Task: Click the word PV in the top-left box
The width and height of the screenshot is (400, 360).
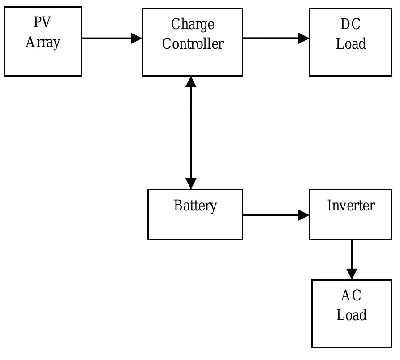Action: click(43, 22)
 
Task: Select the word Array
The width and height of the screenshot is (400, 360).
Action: click(43, 43)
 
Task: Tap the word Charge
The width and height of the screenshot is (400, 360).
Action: click(192, 25)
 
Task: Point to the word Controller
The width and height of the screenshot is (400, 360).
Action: click(192, 44)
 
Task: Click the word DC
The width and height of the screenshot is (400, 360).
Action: click(350, 24)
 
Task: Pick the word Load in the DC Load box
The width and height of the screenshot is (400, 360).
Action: click(351, 44)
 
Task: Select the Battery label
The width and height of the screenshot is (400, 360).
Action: click(195, 206)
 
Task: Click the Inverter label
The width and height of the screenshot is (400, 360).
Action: click(351, 206)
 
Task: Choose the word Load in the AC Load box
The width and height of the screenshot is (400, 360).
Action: click(351, 315)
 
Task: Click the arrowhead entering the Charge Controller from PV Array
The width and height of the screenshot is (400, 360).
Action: click(136, 38)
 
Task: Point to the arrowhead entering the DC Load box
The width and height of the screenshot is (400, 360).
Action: click(304, 38)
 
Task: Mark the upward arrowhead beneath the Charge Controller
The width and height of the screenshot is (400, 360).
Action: click(191, 82)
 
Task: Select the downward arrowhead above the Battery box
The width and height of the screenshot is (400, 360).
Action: click(191, 184)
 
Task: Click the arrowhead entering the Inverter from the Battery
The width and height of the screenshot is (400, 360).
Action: click(304, 215)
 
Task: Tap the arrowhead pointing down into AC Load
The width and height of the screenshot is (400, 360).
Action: click(352, 274)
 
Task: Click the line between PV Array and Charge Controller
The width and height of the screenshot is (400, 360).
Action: click(108, 38)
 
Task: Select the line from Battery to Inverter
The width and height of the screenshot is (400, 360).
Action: click(271, 215)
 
